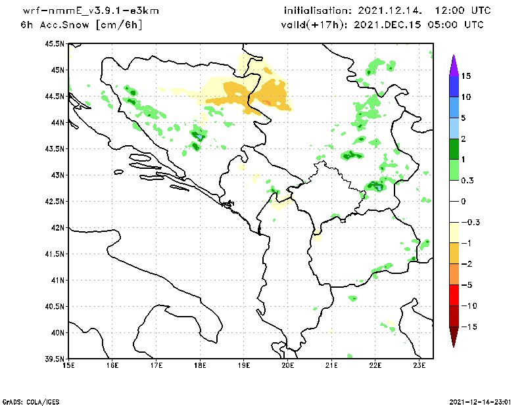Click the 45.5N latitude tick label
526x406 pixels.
tap(55, 44)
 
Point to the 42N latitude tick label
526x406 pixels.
tap(58, 228)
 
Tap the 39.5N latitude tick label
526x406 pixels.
tap(55, 359)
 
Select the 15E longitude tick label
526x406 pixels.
tap(68, 366)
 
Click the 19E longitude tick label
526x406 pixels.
tap(244, 366)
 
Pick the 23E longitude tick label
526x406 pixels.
tap(419, 366)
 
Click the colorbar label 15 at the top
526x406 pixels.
tap(466, 76)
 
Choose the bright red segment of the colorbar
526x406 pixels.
tap(453, 295)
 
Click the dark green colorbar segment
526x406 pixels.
tap(453, 149)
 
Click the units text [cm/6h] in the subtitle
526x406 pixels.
tap(119, 25)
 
